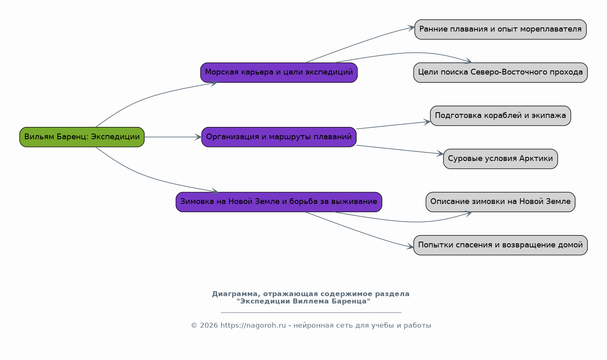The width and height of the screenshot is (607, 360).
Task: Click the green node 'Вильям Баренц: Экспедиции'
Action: (x=82, y=137)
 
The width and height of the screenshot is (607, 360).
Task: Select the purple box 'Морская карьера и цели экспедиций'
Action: (x=279, y=72)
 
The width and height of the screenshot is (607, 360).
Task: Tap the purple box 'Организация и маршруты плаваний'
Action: (x=279, y=137)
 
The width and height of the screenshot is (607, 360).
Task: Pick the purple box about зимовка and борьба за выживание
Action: (x=279, y=202)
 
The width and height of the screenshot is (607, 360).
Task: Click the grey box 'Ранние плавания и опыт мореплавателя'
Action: (x=500, y=29)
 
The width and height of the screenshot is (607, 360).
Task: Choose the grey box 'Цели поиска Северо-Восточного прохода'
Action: (x=500, y=72)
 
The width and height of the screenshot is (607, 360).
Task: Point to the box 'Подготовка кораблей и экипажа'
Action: (x=500, y=115)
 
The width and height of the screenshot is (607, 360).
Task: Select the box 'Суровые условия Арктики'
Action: (x=500, y=159)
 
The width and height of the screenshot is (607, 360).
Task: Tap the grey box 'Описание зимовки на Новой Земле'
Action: (x=500, y=202)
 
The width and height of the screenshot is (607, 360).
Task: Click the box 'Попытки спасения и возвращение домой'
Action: (x=500, y=245)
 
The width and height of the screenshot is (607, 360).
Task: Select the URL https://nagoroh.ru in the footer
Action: (x=253, y=325)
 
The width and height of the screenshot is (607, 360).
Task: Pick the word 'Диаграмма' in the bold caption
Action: (x=236, y=294)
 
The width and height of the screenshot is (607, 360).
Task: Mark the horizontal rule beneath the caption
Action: (x=311, y=313)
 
